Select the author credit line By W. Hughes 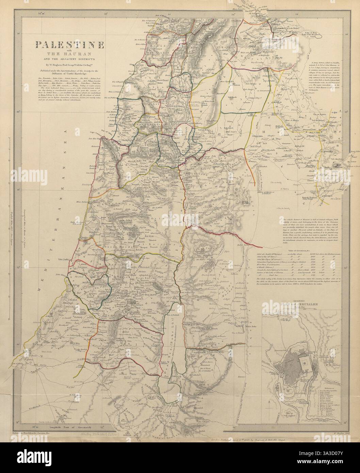click(x=65, y=63)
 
